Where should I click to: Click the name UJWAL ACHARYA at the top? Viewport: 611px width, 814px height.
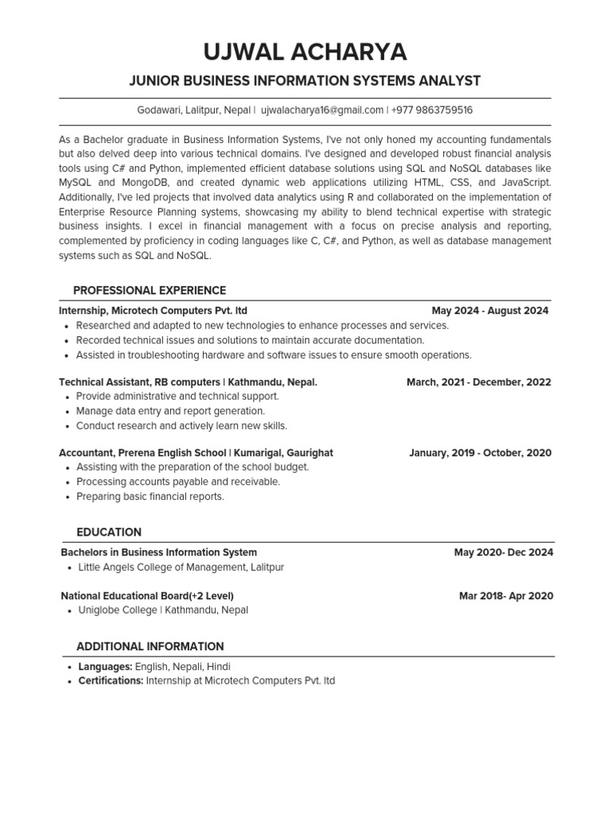[x=305, y=52]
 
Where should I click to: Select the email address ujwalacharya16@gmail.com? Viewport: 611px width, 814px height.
[x=322, y=110]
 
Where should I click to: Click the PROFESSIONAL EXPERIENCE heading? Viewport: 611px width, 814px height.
[x=150, y=290]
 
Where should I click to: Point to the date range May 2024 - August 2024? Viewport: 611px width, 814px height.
[x=490, y=311]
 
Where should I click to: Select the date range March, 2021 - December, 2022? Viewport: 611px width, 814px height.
[x=478, y=382]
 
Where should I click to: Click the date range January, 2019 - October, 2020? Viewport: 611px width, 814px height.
[x=480, y=453]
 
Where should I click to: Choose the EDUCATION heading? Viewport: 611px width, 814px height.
[x=109, y=532]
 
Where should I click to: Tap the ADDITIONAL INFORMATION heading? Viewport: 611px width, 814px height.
[x=150, y=646]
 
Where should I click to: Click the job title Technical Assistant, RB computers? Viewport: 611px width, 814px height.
[x=139, y=382]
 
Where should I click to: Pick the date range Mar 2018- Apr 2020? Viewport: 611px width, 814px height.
[x=506, y=596]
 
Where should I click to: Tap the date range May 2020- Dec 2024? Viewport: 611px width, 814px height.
[x=504, y=552]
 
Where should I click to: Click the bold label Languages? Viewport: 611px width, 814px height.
[x=105, y=667]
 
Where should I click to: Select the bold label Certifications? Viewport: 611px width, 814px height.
[x=111, y=681]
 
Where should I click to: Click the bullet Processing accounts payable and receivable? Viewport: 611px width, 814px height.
[x=178, y=482]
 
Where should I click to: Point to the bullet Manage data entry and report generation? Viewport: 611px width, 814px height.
[x=170, y=411]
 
